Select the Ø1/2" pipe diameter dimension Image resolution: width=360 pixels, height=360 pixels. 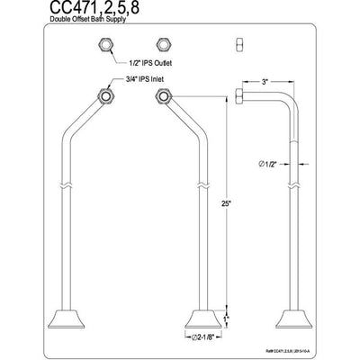tap(265, 163)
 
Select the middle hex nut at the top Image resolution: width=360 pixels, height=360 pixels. tap(164, 47)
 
